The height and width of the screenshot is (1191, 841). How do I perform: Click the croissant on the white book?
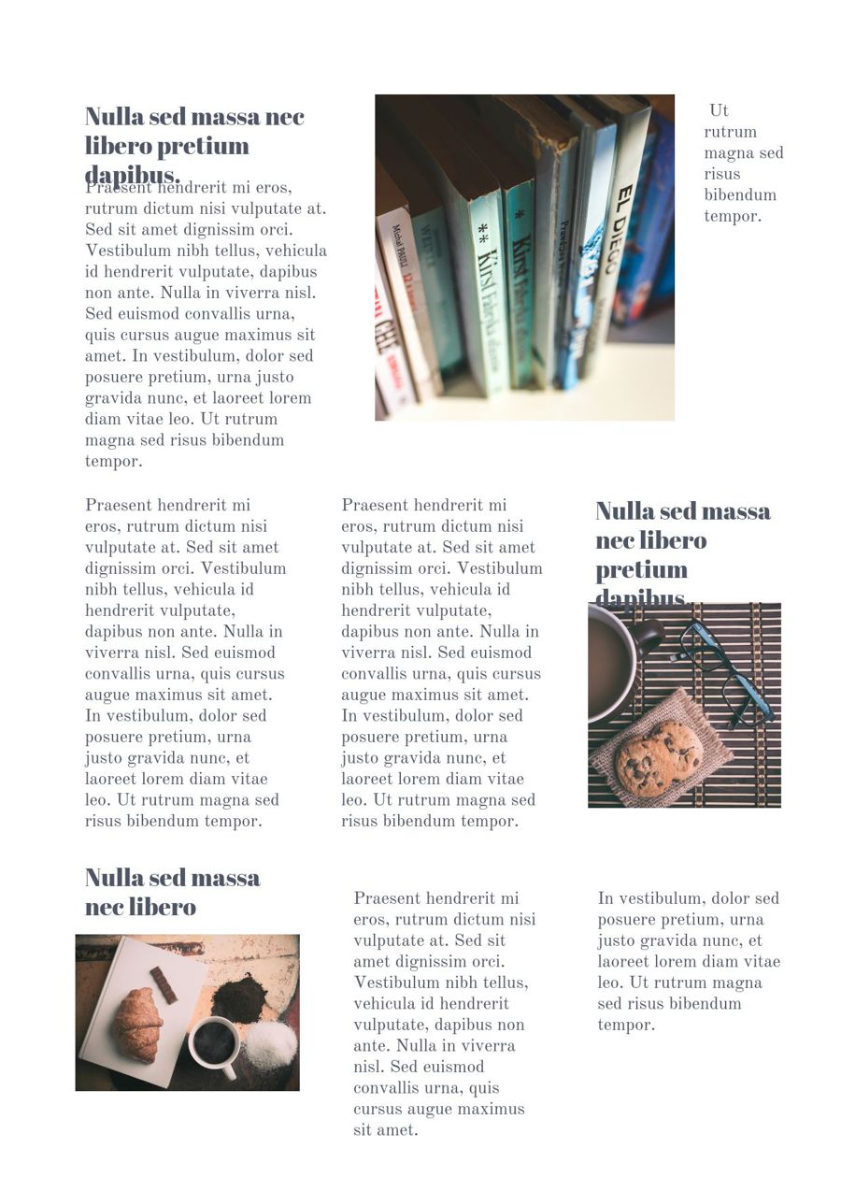[137, 1025]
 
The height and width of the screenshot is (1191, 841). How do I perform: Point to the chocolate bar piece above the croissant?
[164, 984]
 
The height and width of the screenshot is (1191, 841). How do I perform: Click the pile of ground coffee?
[239, 998]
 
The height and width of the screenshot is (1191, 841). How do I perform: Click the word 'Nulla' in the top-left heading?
[114, 117]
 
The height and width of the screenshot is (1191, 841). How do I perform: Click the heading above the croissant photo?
[172, 892]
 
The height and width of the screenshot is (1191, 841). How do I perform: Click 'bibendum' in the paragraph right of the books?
[740, 195]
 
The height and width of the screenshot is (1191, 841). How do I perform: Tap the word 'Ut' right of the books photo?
[719, 110]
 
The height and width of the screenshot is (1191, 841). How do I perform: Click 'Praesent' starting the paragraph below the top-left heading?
[117, 188]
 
